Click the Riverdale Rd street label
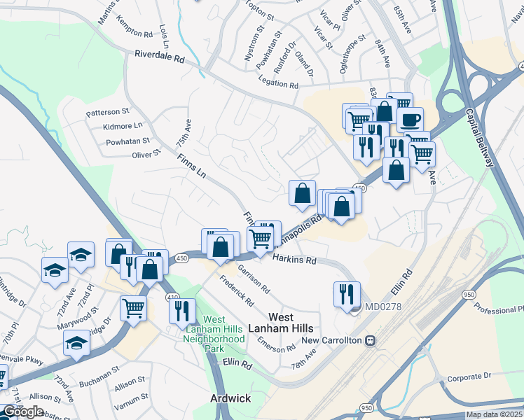159,57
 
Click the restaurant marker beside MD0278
346,294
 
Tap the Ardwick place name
230,398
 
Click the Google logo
22,412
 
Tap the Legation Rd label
279,83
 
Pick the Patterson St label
108,111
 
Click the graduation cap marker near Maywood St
76,342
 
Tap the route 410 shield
172,297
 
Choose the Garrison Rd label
254,278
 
